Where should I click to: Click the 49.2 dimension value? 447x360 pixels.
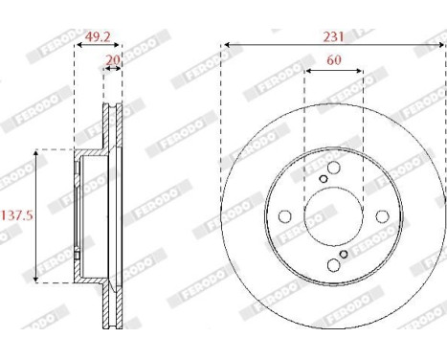click(x=99, y=38)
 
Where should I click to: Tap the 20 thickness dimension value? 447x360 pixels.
click(x=113, y=59)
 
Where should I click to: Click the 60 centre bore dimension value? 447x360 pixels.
click(x=333, y=59)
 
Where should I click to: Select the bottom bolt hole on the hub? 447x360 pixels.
click(x=333, y=266)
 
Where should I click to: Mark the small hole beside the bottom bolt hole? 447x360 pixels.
click(x=343, y=255)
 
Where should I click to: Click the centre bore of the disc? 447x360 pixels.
click(x=333, y=215)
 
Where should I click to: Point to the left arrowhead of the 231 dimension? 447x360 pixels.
click(x=226, y=44)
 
